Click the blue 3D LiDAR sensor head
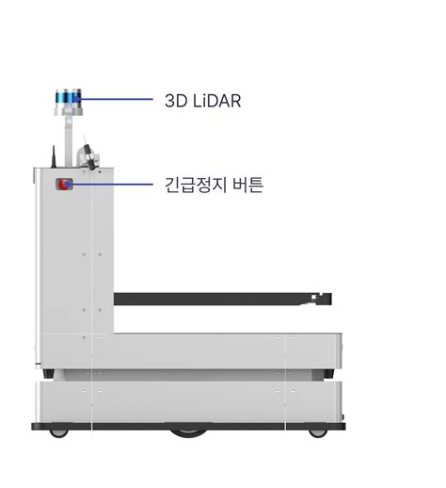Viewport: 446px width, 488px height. point(69,96)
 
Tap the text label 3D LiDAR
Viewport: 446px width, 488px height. point(203,101)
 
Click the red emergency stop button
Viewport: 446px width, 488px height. point(64,185)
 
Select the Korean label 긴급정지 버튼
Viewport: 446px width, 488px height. point(214,185)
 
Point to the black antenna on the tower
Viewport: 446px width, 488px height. point(54,156)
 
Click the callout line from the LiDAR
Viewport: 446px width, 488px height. point(115,99)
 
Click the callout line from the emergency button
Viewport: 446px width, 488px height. point(110,184)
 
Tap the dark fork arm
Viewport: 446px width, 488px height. point(222,299)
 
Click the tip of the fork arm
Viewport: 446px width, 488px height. point(331,299)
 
